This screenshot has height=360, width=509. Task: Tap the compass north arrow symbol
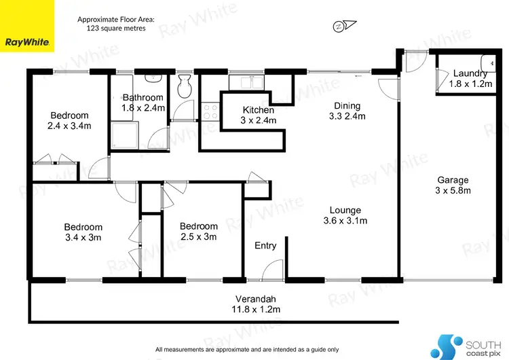340,26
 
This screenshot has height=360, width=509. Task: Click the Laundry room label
470,78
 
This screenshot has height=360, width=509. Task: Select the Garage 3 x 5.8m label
453,185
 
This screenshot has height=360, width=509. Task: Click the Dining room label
347,111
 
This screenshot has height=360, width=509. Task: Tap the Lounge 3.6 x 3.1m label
345,215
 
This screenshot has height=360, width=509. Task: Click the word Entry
265,245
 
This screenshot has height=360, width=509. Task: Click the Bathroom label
143,103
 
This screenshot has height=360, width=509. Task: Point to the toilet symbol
183,86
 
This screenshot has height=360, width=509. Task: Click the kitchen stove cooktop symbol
210,110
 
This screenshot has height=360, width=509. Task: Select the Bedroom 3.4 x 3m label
83,232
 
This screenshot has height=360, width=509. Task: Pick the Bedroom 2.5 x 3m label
198,232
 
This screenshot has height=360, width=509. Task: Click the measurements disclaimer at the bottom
247,348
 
